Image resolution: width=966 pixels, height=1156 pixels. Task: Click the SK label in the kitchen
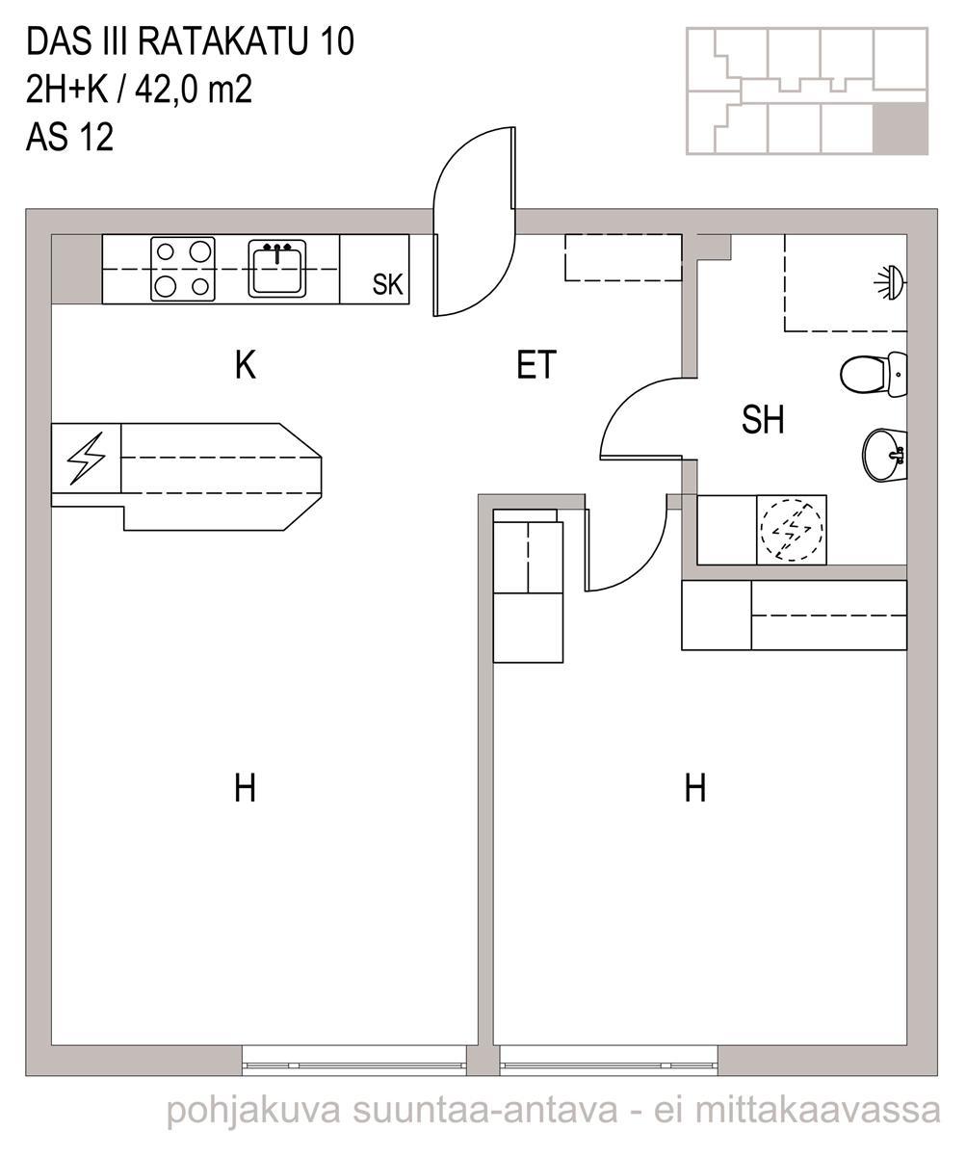(387, 284)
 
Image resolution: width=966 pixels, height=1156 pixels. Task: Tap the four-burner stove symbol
(183, 269)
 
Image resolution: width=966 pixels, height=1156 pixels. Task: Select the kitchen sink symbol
(276, 268)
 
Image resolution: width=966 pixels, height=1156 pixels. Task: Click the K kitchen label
(246, 365)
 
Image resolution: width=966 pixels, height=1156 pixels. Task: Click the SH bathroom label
(763, 419)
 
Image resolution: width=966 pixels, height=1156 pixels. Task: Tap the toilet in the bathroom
(873, 374)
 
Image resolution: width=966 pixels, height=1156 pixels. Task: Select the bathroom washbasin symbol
(884, 455)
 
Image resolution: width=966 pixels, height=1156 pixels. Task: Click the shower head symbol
(889, 282)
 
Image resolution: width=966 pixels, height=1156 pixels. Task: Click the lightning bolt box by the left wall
(86, 459)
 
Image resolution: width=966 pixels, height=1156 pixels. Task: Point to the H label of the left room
(245, 788)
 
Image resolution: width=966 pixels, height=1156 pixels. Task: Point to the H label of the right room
(695, 788)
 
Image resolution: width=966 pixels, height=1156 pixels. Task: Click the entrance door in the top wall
(475, 222)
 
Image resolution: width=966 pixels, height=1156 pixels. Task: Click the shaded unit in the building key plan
(900, 128)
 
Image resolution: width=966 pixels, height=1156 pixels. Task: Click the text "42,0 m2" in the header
(194, 90)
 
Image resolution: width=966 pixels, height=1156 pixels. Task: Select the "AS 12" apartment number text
(69, 138)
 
